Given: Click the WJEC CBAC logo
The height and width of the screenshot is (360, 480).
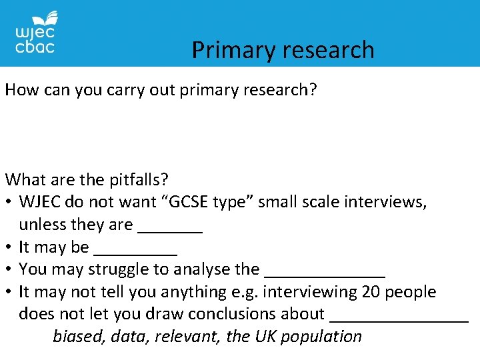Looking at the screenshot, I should point(35,33).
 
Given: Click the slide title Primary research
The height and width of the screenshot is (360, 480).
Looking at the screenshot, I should point(283,50).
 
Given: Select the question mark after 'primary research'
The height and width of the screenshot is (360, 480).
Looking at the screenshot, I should point(313,90).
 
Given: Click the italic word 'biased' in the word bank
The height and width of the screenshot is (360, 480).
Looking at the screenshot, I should point(79,336).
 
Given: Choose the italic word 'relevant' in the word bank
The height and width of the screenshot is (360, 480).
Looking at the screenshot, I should point(186,336).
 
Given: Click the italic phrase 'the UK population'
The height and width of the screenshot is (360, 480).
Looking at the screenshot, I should point(294,336).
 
